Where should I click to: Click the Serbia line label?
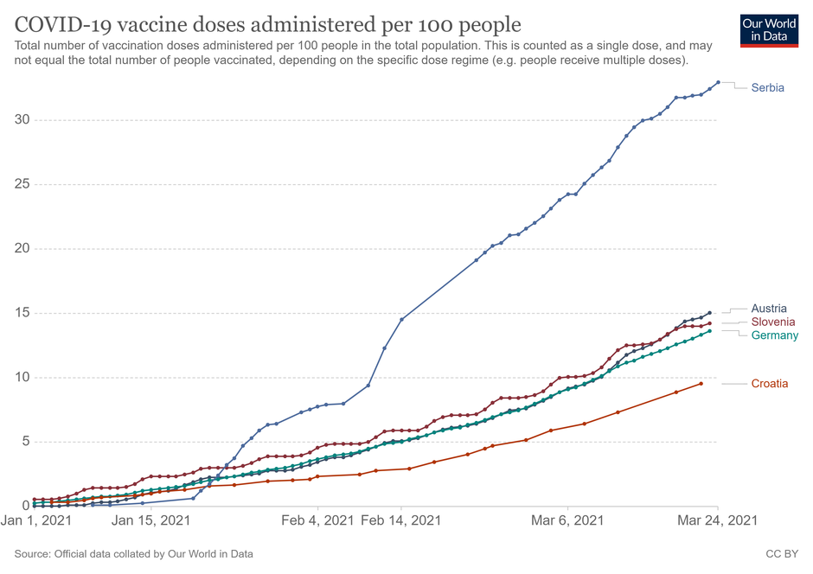pyautogui.click(x=768, y=87)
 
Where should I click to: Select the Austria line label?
pyautogui.click(x=769, y=309)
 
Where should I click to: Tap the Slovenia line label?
pyautogui.click(x=773, y=322)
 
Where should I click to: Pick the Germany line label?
pyautogui.click(x=775, y=335)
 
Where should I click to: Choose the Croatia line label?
pyautogui.click(x=770, y=384)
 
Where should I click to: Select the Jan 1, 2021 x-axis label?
pyautogui.click(x=38, y=520)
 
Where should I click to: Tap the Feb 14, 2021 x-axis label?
pyautogui.click(x=400, y=520)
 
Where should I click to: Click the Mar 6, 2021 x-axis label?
pyautogui.click(x=567, y=520)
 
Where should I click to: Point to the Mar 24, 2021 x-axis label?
pyautogui.click(x=717, y=520)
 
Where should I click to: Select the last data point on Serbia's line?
pyautogui.click(x=718, y=82)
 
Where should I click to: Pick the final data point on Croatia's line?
pyautogui.click(x=701, y=384)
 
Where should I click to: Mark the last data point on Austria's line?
pyautogui.click(x=709, y=313)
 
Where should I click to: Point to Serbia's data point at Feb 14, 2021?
pyautogui.click(x=401, y=320)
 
